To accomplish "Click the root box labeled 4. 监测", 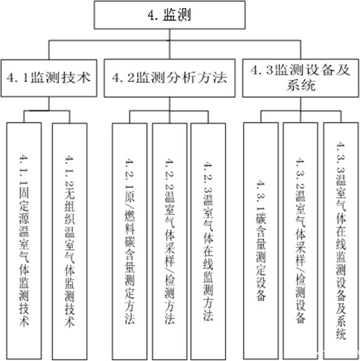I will pos(170,15).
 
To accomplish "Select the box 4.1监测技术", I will pos(49,78).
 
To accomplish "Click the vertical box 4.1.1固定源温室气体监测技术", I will pos(24,238).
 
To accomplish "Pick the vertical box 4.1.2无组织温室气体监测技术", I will pos(69,238).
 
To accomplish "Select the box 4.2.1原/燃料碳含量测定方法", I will pos(129,238).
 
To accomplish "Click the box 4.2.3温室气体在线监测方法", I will pos(208,238).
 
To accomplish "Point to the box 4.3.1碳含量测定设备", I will pos(261,238).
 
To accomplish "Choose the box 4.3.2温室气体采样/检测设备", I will pos(301,238).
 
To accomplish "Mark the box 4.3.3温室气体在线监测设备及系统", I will pos(340,238).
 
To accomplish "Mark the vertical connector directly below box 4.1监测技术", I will pos(49,104).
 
